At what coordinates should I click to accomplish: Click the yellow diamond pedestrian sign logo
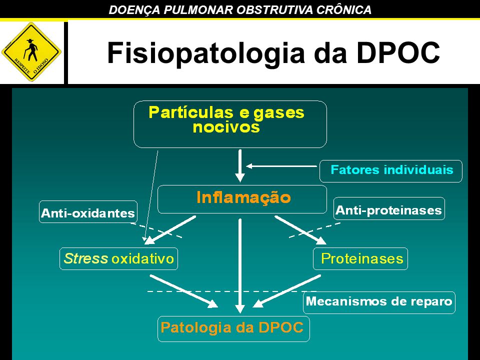click(31, 51)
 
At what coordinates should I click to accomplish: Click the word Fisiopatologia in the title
click(205, 53)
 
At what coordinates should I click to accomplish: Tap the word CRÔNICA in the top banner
click(344, 9)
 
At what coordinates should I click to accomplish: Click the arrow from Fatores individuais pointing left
click(281, 166)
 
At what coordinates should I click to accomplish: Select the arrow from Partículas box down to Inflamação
click(240, 165)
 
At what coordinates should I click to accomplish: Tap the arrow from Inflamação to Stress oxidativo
click(170, 230)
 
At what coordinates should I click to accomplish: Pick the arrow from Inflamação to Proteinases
click(300, 230)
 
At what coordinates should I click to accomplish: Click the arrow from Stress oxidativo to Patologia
click(183, 291)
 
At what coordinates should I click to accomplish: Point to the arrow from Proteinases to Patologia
click(287, 291)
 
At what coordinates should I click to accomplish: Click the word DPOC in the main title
click(398, 52)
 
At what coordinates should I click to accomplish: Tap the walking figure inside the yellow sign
click(31, 49)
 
